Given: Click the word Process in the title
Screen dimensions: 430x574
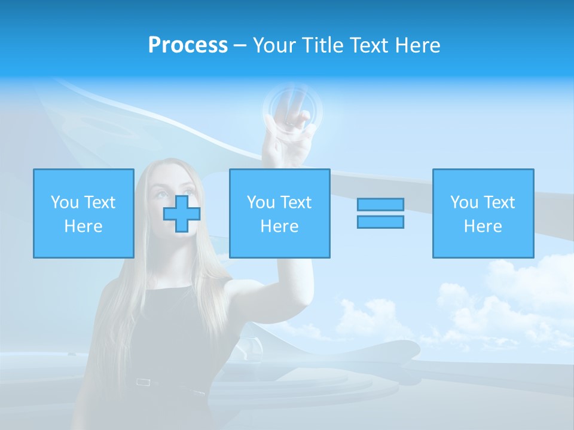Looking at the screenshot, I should click(x=188, y=45).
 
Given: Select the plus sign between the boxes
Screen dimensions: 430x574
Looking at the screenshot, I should click(x=182, y=213).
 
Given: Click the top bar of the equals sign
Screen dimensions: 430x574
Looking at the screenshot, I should click(x=380, y=204).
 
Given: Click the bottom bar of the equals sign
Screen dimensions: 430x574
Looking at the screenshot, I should click(x=380, y=222).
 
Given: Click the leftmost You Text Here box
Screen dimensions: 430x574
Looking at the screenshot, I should click(x=84, y=213).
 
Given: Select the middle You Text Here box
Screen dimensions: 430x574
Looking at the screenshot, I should click(x=280, y=213).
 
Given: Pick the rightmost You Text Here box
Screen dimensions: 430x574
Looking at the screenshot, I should click(x=483, y=213).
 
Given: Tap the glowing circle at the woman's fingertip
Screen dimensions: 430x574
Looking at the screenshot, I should click(x=292, y=108).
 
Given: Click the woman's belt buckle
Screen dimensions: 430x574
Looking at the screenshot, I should click(x=143, y=382).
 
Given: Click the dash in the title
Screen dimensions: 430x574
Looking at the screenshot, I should click(x=240, y=45).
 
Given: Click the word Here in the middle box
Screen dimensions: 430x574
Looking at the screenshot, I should click(x=280, y=226).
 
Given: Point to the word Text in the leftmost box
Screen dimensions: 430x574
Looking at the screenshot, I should click(x=99, y=202).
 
